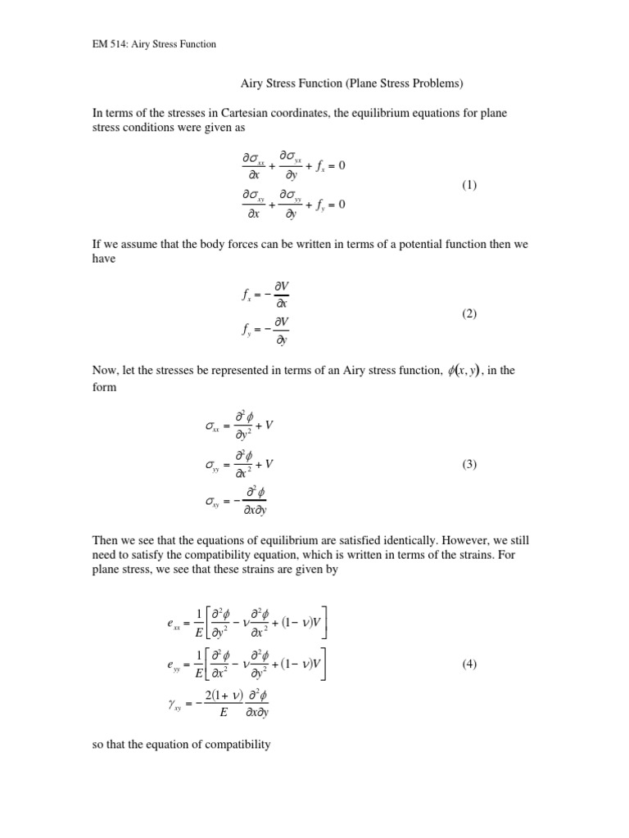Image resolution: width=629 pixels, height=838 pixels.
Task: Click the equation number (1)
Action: click(x=468, y=185)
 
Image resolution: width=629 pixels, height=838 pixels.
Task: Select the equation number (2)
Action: click(x=468, y=313)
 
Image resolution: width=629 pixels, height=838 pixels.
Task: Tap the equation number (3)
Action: click(x=468, y=464)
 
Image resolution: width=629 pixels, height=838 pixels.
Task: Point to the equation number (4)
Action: click(x=468, y=664)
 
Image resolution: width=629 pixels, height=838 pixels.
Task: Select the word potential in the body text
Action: click(x=382, y=243)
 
